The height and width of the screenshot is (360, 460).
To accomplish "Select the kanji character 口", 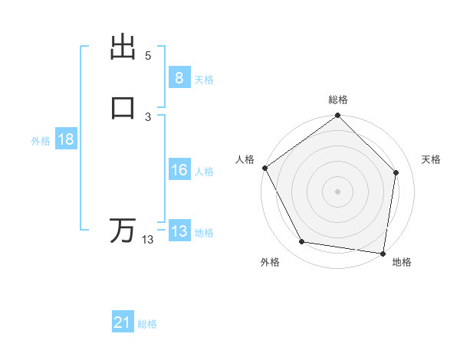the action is pos(123,108).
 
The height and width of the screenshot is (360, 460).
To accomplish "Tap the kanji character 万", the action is pos(123,230).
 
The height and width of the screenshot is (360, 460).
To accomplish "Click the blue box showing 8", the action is pos(179,78).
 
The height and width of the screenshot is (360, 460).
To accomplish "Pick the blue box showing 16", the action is pos(179,170).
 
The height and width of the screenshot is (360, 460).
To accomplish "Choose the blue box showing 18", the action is pos(65,139).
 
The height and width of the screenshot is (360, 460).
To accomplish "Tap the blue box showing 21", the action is pos(123,323).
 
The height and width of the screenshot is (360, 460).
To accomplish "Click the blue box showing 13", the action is pos(179,231).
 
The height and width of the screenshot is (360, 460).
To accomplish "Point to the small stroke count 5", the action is pos(148,56).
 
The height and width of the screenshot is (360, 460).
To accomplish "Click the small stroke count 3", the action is pos(148,116).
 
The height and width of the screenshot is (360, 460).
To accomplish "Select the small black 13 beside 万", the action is pos(148,240).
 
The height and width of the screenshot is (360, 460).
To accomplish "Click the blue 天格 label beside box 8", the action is pos(204,79).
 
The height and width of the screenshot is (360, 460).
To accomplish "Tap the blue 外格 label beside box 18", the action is pos(41,140).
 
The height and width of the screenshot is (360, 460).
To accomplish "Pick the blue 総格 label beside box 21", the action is pos(147,324).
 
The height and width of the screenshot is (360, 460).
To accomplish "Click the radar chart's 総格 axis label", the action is pos(338,100).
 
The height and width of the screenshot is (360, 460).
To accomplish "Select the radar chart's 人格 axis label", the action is pos(245,159).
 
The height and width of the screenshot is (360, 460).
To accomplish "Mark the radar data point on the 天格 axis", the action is pos(396,172).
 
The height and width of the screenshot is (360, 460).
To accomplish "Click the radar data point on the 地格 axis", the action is pos(383,252).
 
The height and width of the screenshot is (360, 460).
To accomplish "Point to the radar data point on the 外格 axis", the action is pos(302,242).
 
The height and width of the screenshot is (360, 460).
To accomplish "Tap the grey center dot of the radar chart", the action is pos(337,191).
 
